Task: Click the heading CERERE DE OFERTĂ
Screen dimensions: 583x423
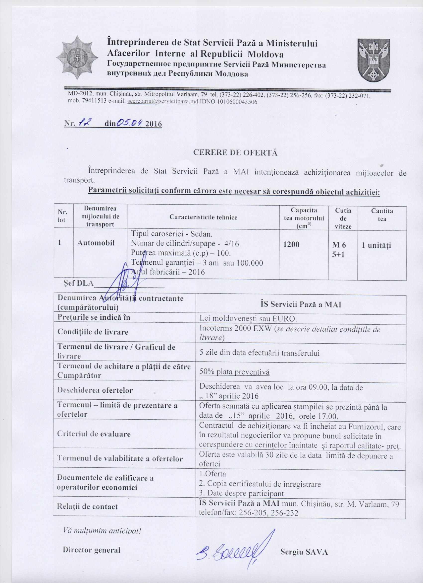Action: tap(235, 152)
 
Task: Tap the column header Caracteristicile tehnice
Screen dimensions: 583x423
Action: tap(203, 218)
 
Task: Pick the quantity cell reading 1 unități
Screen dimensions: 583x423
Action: tap(376, 245)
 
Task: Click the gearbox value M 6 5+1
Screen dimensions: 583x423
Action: tap(339, 249)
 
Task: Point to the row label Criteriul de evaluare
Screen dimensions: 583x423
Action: tap(94, 434)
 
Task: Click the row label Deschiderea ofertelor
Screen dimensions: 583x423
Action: tap(95, 390)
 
